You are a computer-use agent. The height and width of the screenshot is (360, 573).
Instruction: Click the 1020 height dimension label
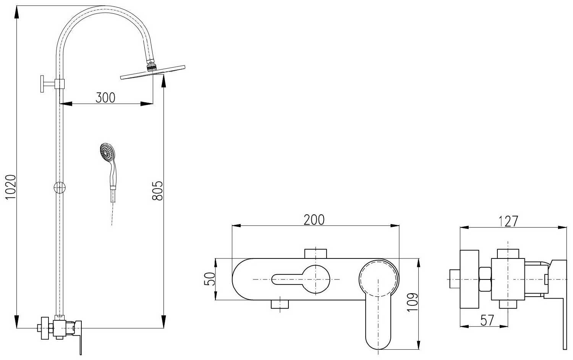(11, 187)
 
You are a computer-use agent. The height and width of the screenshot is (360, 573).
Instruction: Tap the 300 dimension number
(105, 98)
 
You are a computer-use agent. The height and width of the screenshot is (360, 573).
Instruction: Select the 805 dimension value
(157, 191)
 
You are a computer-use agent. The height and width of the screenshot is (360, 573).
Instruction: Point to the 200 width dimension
(314, 220)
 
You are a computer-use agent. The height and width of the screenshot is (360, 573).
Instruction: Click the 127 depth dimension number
(508, 221)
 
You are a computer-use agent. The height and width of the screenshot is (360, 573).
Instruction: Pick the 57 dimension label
(487, 320)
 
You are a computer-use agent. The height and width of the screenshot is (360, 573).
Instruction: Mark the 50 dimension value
(209, 279)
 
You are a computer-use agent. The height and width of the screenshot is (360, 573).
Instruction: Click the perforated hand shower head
(107, 152)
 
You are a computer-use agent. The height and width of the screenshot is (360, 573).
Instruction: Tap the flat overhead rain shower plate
(153, 72)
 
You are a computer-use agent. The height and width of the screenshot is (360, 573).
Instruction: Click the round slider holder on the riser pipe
(60, 188)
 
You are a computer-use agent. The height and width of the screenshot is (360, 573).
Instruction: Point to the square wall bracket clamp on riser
(60, 84)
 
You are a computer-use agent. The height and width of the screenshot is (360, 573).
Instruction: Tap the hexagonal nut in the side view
(485, 279)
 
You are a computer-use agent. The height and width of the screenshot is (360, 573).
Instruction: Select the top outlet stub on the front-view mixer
(316, 253)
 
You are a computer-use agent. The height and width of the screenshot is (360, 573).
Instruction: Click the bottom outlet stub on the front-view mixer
(280, 304)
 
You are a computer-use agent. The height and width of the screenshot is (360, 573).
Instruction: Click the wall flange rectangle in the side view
(469, 279)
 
